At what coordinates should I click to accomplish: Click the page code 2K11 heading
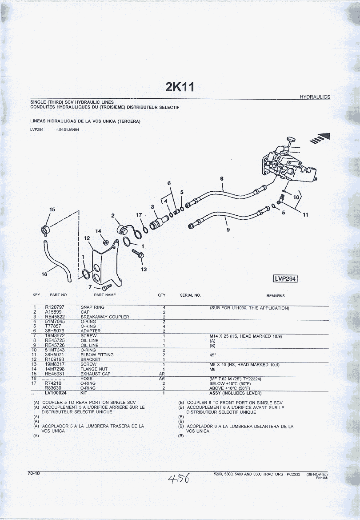pos(180,87)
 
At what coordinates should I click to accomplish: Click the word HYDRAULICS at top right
pos(315,97)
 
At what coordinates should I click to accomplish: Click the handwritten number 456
pos(179,478)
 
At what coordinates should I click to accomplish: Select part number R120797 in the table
pos(55,307)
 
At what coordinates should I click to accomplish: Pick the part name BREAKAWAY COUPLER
pos(105,317)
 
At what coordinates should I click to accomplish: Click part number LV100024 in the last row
pos(56,393)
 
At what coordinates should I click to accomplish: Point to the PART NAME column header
pos(105,295)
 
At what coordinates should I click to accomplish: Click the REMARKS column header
pos(276,295)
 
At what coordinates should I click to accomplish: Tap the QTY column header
pos(161,295)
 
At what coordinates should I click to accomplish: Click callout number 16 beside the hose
pos(44,274)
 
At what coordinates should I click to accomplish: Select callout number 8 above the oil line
pos(221,179)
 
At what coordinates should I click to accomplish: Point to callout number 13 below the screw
pos(144,269)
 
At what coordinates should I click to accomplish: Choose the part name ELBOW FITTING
pos(97,355)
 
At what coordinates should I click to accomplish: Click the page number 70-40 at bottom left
pos(34,473)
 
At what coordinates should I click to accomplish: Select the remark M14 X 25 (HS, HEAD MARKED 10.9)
pos(246,336)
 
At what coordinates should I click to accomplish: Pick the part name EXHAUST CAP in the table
pos(96,374)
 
